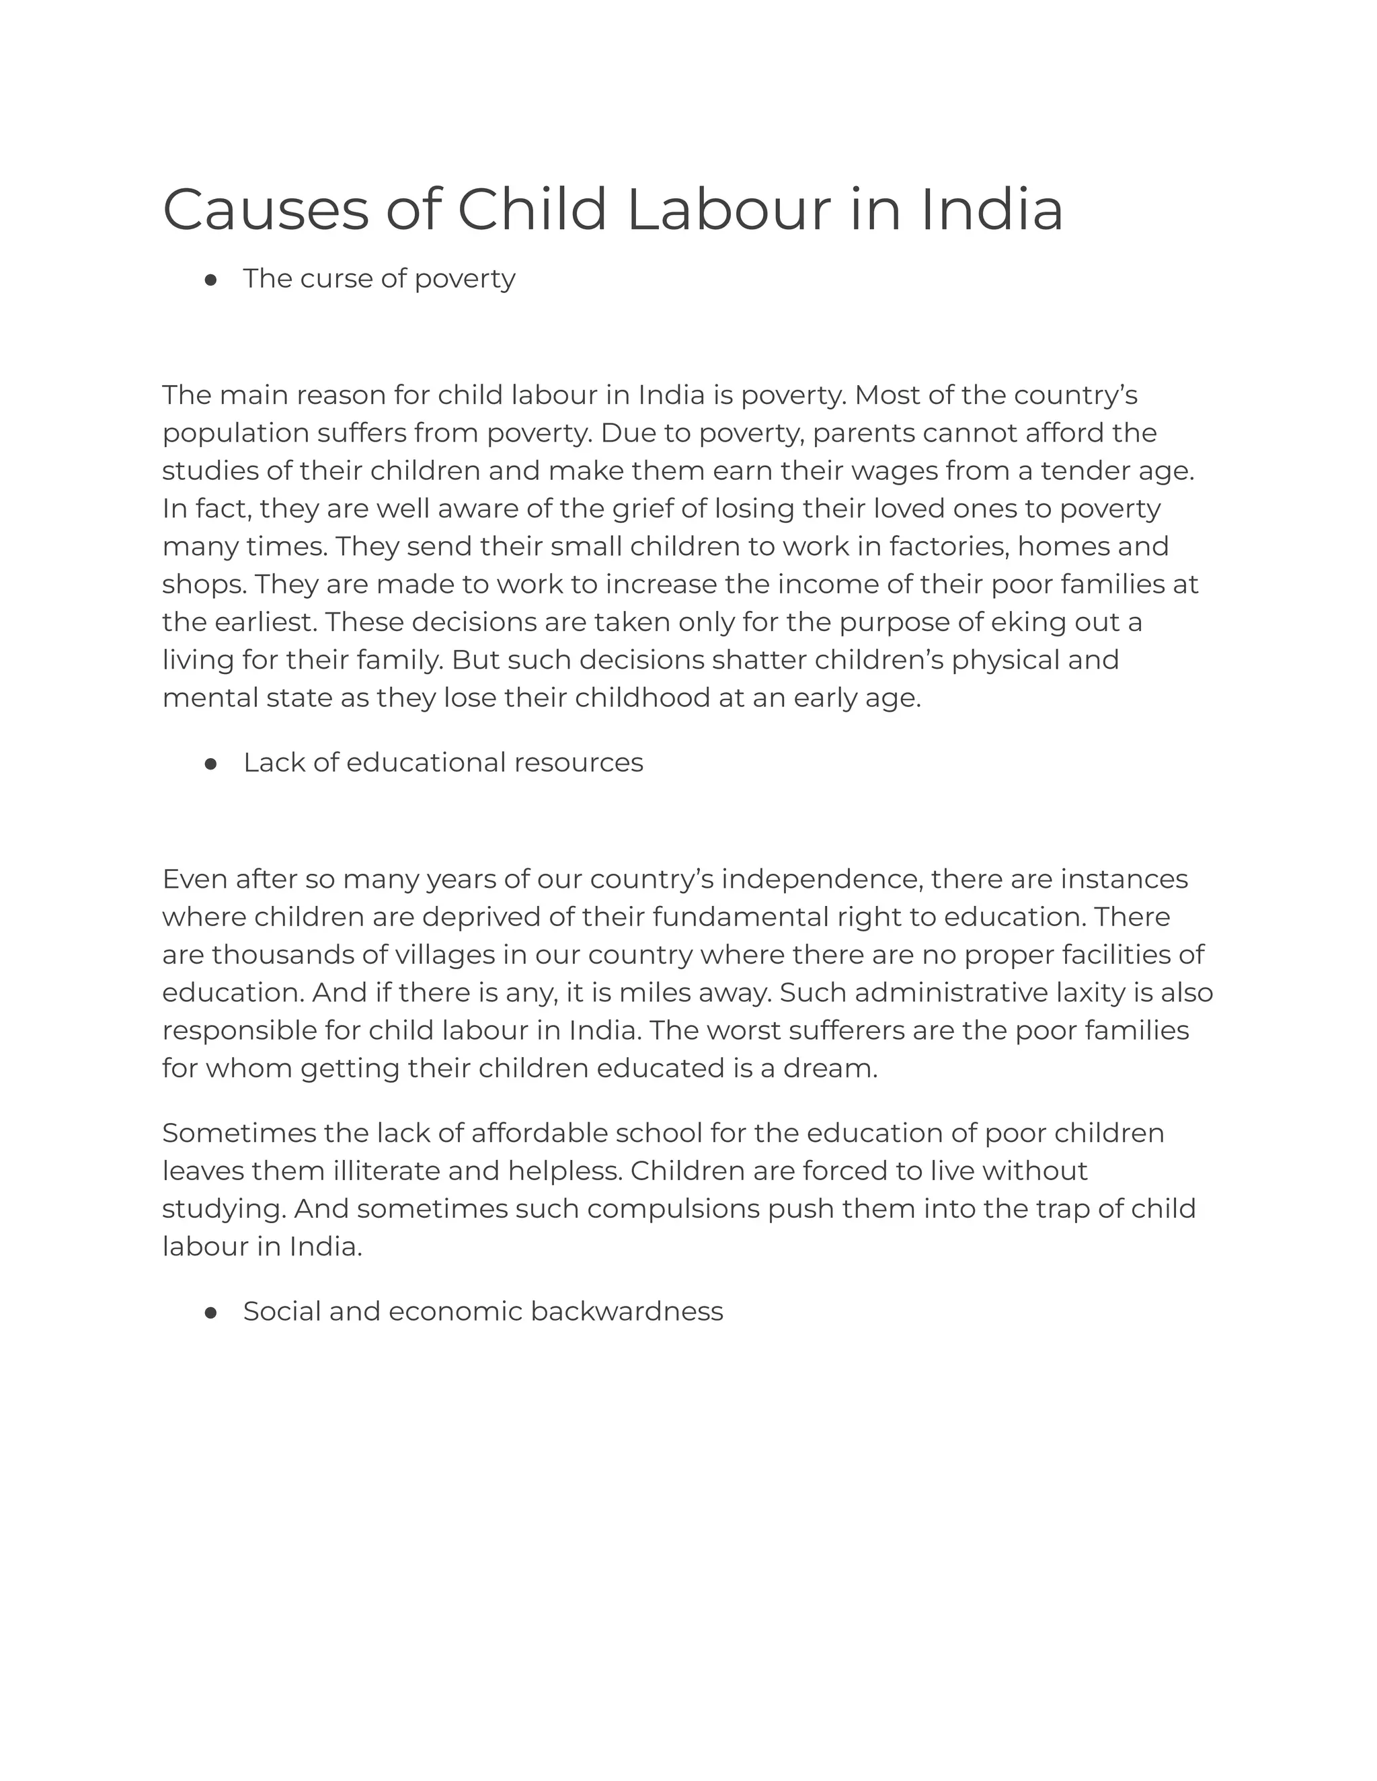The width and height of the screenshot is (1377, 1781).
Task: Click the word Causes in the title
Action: tap(265, 210)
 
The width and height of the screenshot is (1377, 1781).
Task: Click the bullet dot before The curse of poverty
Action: tap(210, 280)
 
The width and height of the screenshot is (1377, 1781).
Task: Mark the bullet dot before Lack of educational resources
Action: tap(210, 764)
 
